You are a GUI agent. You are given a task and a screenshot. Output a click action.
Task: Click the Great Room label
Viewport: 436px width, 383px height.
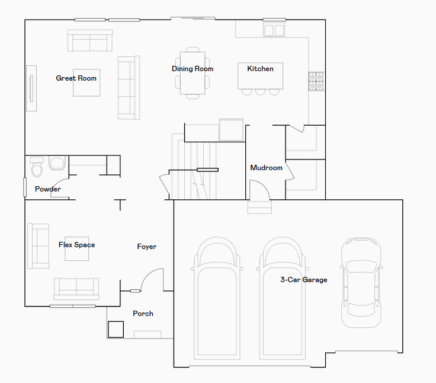76,78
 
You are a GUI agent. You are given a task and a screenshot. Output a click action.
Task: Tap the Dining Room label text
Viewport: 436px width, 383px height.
193,69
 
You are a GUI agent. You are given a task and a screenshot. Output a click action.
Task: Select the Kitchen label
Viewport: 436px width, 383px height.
260,69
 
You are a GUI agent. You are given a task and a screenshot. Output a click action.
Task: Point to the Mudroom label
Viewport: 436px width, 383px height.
266,168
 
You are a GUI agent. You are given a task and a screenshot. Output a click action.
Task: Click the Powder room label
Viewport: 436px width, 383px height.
47,189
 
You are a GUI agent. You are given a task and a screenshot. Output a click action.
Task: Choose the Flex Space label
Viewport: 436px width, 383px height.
77,245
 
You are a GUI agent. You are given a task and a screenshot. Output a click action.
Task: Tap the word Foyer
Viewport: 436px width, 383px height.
146,247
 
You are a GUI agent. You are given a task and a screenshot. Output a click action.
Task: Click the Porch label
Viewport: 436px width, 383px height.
143,314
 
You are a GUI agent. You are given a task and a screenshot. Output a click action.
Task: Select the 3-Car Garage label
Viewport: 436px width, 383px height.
304,280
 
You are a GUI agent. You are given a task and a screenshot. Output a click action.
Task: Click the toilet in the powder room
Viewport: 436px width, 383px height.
37,167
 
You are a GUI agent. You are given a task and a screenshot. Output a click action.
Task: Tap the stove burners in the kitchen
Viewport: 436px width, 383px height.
316,81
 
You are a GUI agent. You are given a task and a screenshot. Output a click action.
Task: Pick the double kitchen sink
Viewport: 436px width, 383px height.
274,30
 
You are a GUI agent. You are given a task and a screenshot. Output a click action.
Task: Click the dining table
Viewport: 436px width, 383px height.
193,73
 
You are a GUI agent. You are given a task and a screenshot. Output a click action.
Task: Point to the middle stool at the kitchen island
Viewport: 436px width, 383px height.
260,92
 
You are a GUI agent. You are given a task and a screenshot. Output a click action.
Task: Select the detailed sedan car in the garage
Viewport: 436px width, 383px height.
361,282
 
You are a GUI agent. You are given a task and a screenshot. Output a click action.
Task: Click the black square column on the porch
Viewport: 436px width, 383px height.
116,329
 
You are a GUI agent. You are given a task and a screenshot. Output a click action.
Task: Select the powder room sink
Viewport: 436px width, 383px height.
57,163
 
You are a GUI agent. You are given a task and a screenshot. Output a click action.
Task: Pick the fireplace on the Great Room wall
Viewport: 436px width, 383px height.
31,88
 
